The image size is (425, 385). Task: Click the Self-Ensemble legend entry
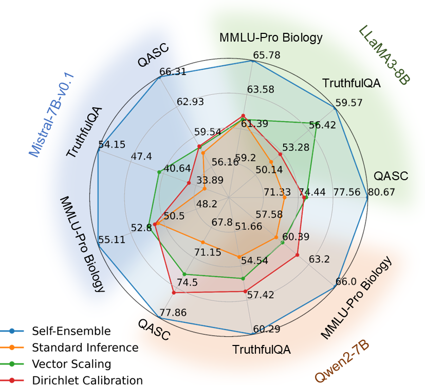[x=71, y=331]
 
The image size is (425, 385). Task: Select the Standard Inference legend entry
[x=85, y=348]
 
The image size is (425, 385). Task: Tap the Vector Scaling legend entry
[x=71, y=364]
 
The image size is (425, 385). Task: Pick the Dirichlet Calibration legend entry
[x=87, y=380]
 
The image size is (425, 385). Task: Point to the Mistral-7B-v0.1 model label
[x=52, y=114]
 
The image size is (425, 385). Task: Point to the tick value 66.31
[x=173, y=72]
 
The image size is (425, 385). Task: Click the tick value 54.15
[x=112, y=145]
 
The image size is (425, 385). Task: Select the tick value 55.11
[x=111, y=240]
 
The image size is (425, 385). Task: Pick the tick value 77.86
[x=173, y=313]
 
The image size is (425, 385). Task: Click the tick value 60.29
[x=266, y=329]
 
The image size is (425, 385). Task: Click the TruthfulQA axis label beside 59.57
[x=351, y=83]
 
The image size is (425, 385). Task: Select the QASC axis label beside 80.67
[x=391, y=176]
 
